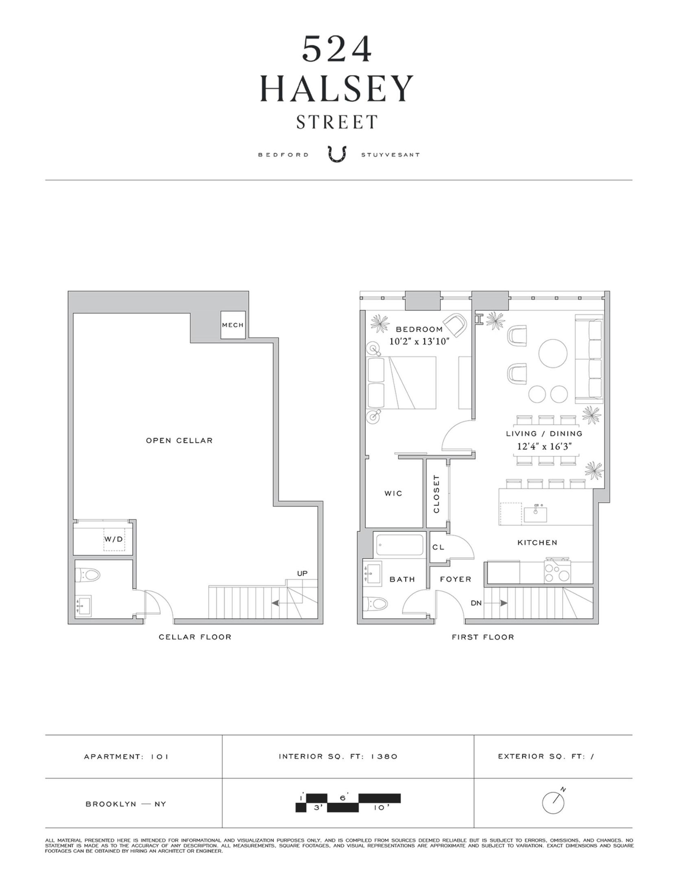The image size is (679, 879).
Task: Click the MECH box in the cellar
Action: click(233, 325)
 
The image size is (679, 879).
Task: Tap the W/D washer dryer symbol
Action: click(114, 539)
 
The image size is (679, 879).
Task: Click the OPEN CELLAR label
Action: click(179, 440)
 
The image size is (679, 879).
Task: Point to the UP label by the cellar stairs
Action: click(302, 573)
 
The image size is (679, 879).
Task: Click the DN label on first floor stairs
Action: click(476, 603)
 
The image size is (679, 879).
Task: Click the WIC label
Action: click(393, 494)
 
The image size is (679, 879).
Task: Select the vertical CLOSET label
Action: click(437, 494)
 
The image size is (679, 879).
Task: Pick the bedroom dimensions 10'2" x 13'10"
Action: click(419, 341)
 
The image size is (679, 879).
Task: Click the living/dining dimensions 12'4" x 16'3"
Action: click(544, 446)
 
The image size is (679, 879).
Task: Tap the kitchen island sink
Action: click(535, 514)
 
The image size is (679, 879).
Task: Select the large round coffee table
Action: click(553, 353)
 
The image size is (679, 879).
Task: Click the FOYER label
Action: click(455, 579)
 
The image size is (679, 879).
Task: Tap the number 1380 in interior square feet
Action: click(384, 757)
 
